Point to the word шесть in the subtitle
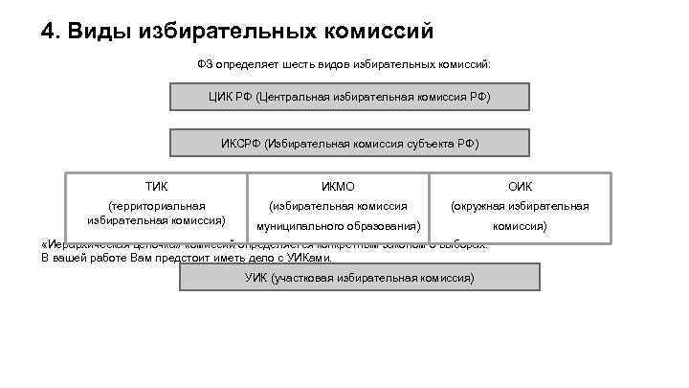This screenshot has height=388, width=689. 280,64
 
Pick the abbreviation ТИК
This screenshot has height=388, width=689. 156,186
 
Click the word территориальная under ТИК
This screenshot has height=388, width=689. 156,205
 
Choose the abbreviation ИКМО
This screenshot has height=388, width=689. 339,186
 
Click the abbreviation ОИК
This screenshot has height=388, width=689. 521,186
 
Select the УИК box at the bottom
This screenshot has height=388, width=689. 359,278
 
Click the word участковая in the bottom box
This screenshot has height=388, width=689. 310,278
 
